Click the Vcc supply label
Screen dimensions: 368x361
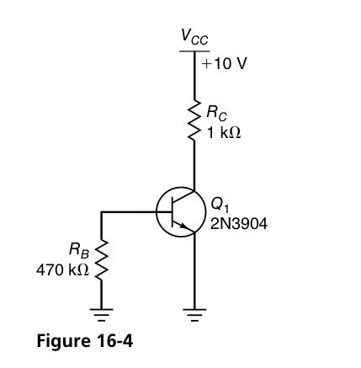194,37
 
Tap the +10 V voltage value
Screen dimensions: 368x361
223,64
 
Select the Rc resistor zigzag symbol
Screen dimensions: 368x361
194,121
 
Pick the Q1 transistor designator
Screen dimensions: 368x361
218,203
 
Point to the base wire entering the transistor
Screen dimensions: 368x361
135,212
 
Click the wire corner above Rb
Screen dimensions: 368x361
102,212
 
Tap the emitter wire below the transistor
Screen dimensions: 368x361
194,269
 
